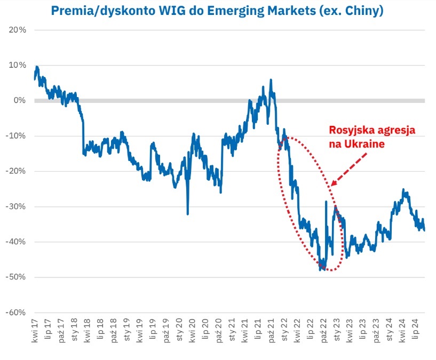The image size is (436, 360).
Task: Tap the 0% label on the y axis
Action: click(x=20, y=100)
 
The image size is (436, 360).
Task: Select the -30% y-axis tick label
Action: click(x=16, y=206)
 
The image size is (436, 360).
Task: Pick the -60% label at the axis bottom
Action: click(x=16, y=312)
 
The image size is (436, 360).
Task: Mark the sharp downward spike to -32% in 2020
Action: click(x=187, y=214)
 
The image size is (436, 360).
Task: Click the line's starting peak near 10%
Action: click(x=36, y=67)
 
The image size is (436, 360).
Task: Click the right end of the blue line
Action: click(x=424, y=230)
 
